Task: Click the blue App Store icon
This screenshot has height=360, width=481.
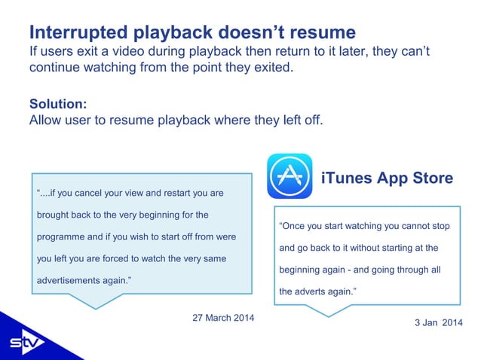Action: point(290,176)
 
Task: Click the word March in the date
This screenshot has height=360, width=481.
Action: point(223,318)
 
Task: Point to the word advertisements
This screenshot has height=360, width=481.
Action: point(72,282)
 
